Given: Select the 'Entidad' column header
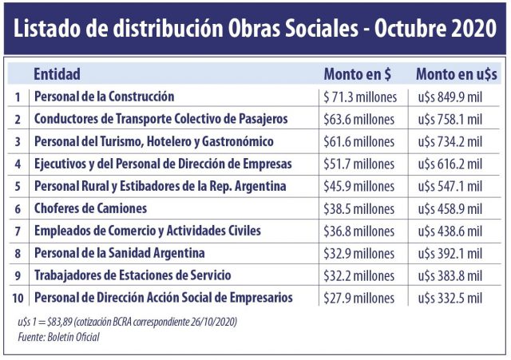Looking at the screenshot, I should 57,74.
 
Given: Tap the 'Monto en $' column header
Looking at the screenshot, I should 357,74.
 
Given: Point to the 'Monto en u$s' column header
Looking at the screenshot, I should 457,74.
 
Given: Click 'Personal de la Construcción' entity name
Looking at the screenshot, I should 104,97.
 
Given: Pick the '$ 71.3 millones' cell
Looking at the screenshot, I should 359,97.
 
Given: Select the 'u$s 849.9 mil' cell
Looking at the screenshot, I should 450,97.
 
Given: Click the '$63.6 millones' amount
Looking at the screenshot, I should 358,120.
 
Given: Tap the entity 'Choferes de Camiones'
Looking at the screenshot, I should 90,208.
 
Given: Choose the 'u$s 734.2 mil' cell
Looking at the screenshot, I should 450,142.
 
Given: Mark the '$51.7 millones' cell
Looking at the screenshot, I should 358,164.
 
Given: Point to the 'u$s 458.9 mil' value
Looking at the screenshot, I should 450,209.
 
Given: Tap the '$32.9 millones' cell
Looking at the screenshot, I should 358,254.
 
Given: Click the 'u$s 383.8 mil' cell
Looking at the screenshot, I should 450,276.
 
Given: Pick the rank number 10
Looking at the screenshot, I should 18,298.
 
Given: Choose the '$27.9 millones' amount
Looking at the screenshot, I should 358,299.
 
